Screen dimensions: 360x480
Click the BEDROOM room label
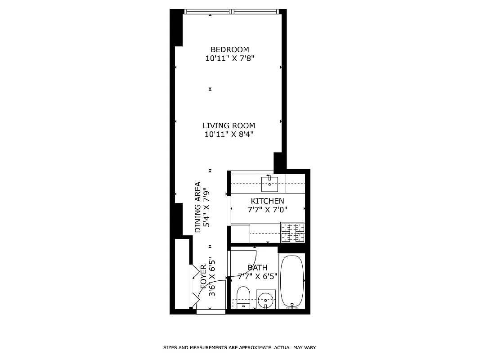pyautogui.click(x=229, y=49)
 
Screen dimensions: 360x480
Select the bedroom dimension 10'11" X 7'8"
pyautogui.click(x=229, y=58)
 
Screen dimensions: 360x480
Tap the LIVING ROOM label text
pyautogui.click(x=229, y=126)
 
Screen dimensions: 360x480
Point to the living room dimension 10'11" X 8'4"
pyautogui.click(x=229, y=134)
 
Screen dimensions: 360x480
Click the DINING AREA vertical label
pyautogui.click(x=197, y=207)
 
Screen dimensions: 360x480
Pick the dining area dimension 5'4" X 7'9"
pyautogui.click(x=206, y=207)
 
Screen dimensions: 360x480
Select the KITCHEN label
pyautogui.click(x=267, y=201)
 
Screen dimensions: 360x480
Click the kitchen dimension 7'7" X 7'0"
pyautogui.click(x=267, y=209)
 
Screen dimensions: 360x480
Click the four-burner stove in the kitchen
pyautogui.click(x=292, y=233)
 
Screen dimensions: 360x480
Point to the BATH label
pyautogui.click(x=257, y=268)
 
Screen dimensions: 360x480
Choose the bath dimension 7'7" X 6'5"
pyautogui.click(x=257, y=276)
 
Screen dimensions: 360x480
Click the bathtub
pyautogui.click(x=292, y=281)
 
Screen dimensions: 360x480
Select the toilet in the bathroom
pyautogui.click(x=243, y=297)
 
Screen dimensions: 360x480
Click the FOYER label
pyautogui.click(x=203, y=280)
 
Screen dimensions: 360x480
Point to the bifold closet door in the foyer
pyautogui.click(x=194, y=283)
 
